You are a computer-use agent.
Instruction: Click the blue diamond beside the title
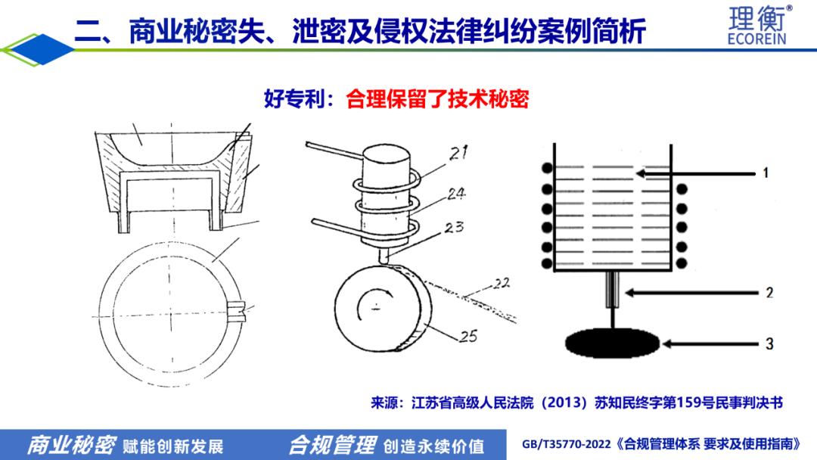click(42, 49)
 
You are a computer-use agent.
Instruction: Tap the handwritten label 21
click(458, 153)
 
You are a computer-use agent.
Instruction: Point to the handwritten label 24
click(456, 193)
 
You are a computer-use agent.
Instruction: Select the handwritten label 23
click(454, 227)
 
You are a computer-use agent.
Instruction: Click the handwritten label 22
click(501, 284)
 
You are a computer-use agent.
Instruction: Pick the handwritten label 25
click(468, 337)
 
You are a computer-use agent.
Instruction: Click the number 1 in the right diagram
click(766, 173)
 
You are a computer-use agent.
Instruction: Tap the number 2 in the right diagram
click(769, 293)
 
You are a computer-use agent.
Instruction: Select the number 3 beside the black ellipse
click(769, 343)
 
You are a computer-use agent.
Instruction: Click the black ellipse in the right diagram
click(612, 343)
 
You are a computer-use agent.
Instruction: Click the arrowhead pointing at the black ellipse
click(666, 343)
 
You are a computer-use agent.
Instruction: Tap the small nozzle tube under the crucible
click(612, 290)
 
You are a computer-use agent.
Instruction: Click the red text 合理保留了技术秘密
click(437, 99)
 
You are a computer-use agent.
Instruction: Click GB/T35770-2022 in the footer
click(567, 444)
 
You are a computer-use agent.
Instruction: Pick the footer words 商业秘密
click(71, 446)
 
